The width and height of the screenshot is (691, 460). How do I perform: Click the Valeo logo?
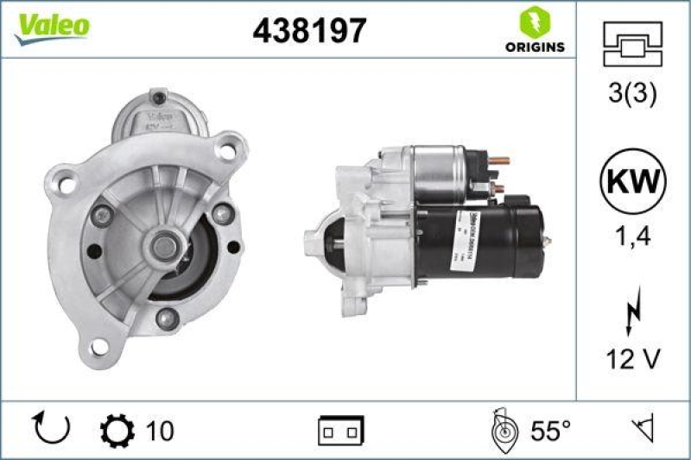tap(51, 26)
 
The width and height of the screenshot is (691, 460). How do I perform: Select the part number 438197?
tap(309, 31)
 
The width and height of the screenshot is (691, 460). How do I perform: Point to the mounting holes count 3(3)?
tap(633, 92)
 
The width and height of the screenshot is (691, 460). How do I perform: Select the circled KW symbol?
tap(633, 182)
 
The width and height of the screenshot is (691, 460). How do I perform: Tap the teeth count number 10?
tap(160, 430)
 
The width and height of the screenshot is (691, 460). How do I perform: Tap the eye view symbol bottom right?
tap(640, 429)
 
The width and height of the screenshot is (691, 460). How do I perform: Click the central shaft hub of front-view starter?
tap(162, 247)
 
